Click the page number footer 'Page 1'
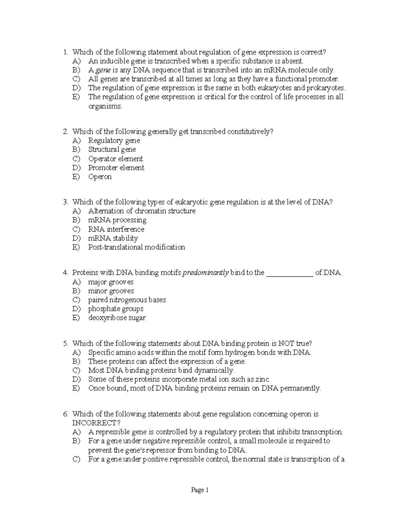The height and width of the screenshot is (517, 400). click(200, 490)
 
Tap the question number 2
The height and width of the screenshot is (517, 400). click(65, 132)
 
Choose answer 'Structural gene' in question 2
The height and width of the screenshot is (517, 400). click(112, 149)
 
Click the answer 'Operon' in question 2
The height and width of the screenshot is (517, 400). click(100, 177)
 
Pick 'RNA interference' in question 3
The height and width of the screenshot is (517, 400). click(116, 229)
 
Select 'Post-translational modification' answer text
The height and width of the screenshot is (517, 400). click(136, 247)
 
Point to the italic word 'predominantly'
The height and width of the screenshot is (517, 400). click(206, 273)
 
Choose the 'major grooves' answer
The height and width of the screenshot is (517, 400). click(111, 282)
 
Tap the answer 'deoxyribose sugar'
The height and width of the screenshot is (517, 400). click(117, 318)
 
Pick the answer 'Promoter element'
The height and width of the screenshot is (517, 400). click(116, 168)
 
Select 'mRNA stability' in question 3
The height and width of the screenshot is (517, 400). click(113, 238)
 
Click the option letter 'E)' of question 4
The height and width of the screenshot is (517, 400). click(76, 318)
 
